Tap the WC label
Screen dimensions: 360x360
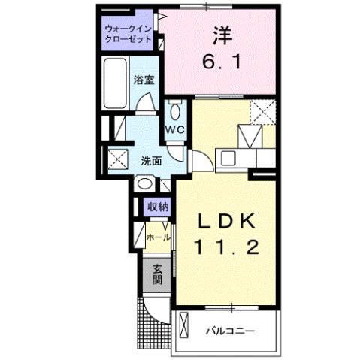tap(174, 129)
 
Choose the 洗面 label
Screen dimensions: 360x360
tap(151, 160)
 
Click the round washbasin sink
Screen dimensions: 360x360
tap(144, 184)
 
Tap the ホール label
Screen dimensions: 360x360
tap(157, 237)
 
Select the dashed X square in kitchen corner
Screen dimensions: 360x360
tap(264, 112)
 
